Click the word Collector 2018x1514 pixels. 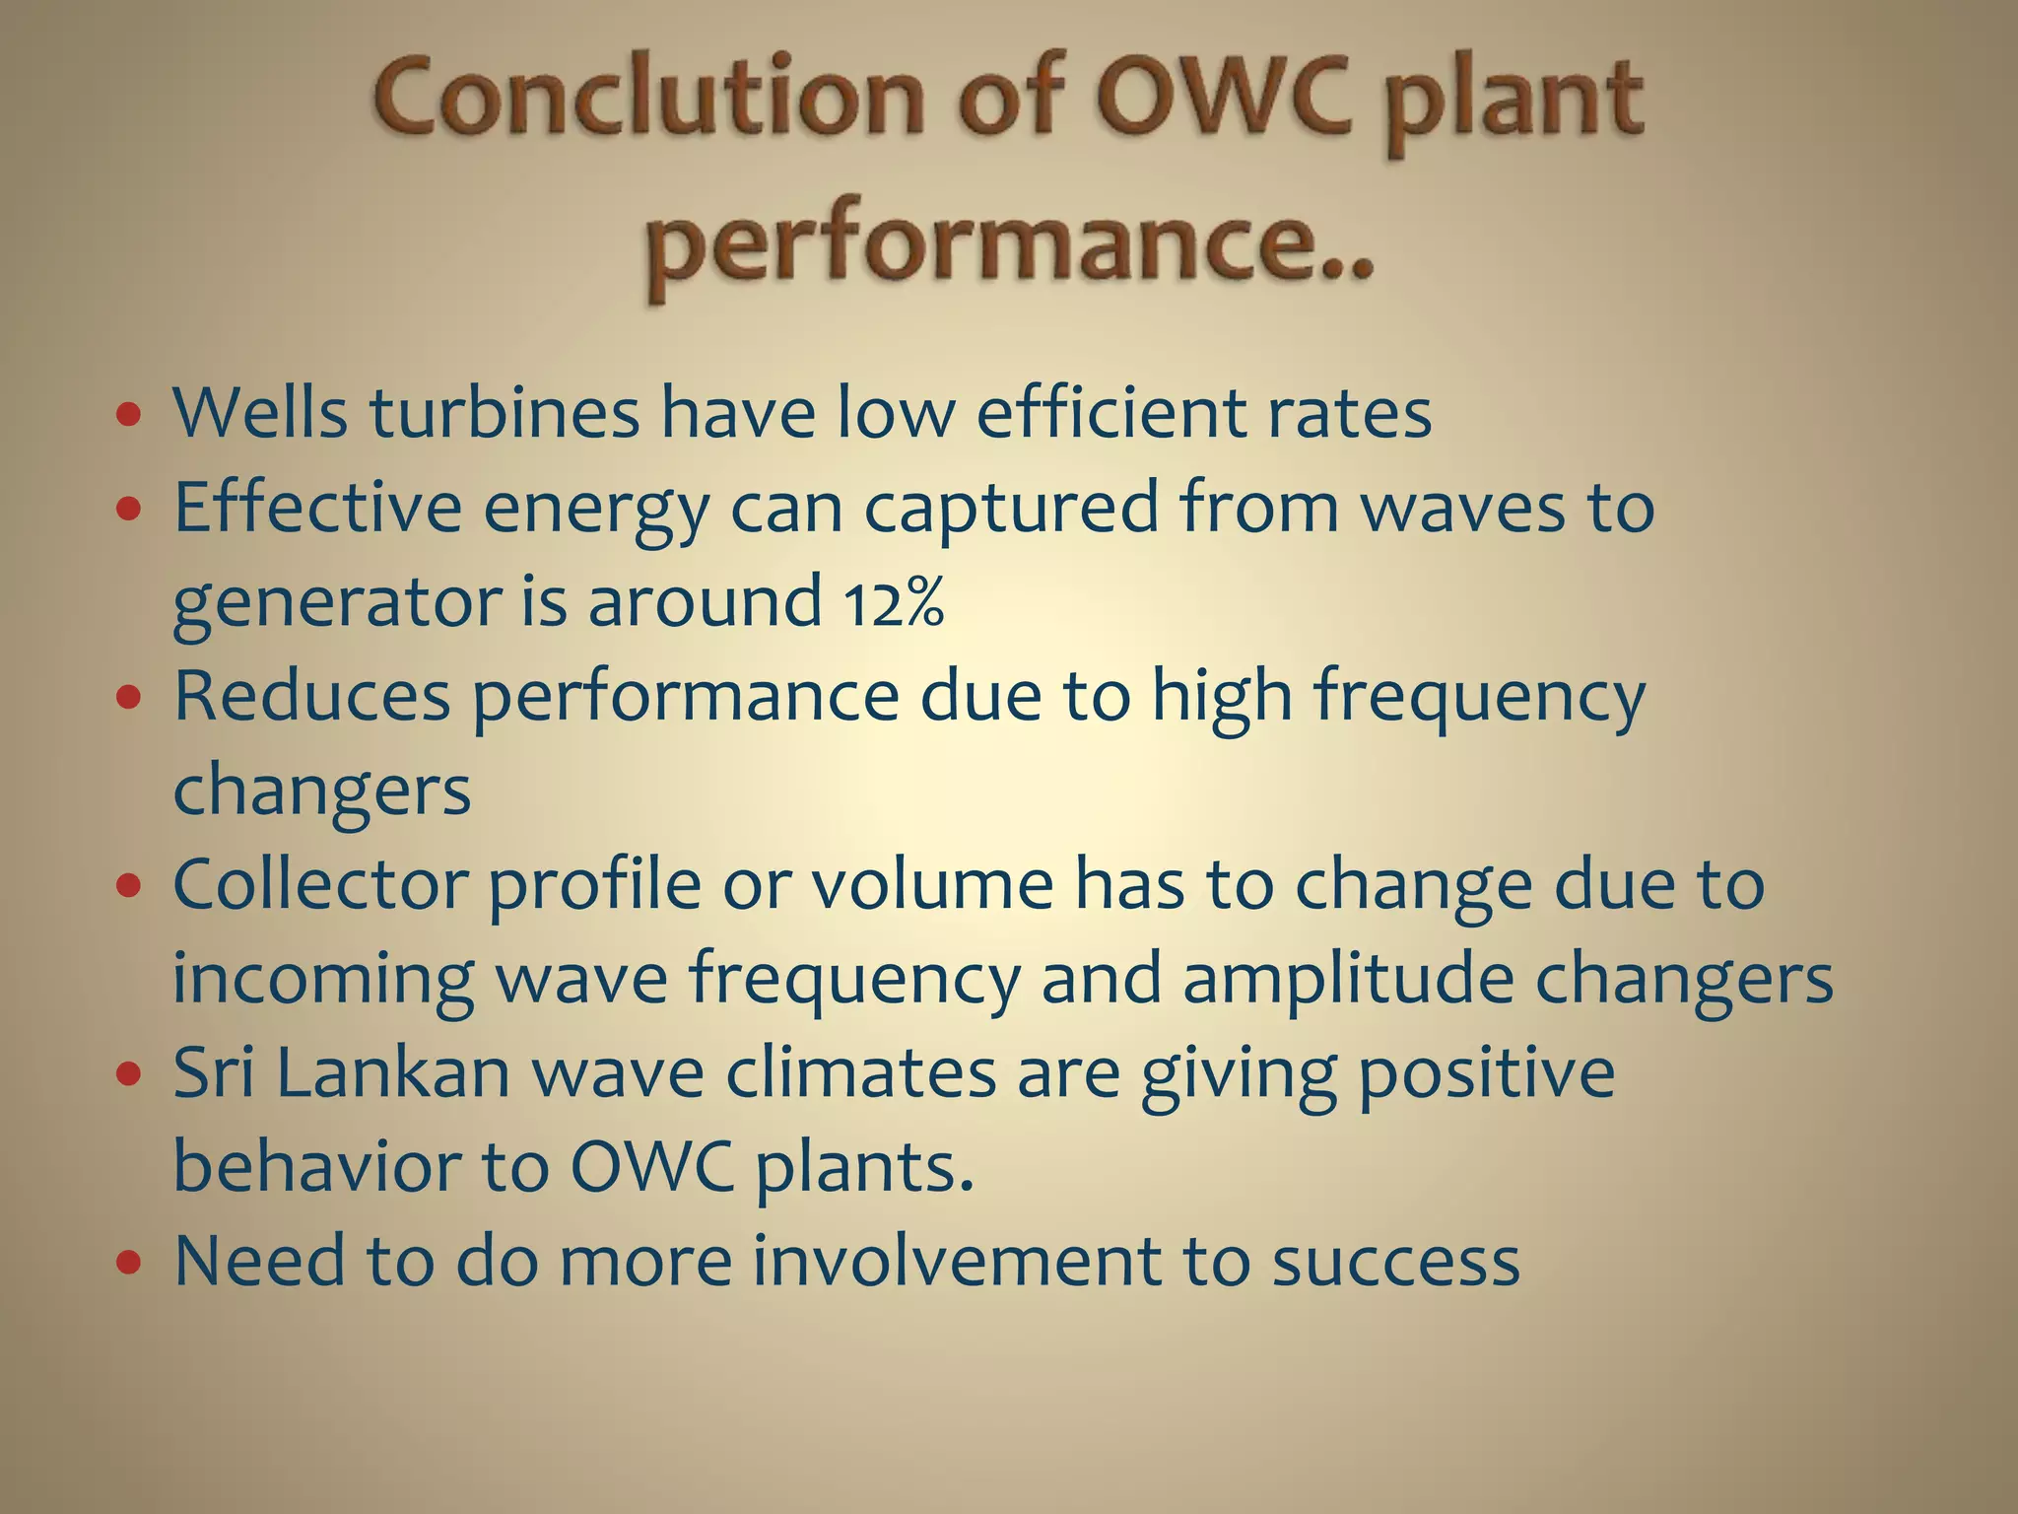tap(319, 884)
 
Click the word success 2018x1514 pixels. tap(1395, 1261)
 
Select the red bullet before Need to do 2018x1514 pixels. tap(129, 1263)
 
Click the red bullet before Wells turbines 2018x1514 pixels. tap(129, 415)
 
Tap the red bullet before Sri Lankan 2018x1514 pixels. tap(129, 1074)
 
